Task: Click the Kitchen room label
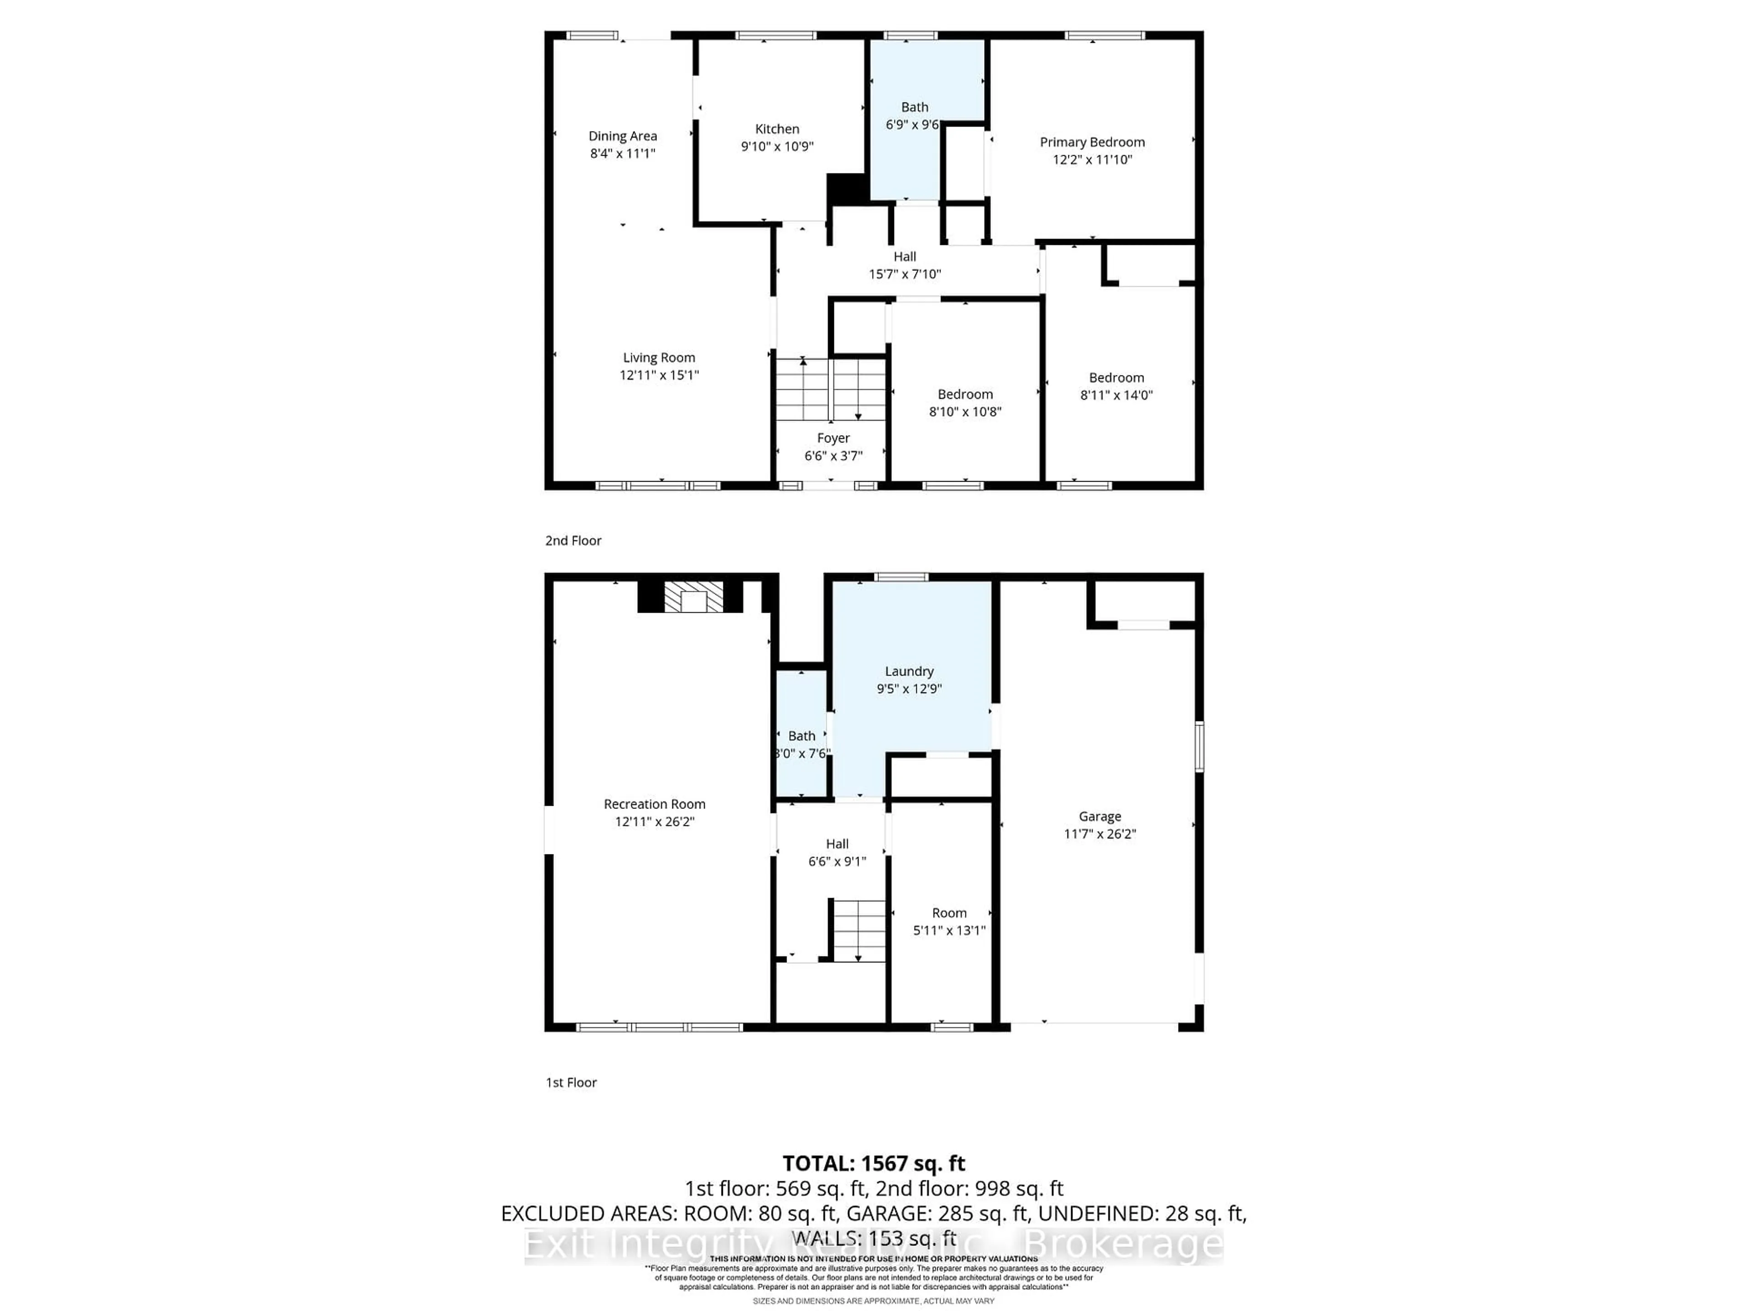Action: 777,129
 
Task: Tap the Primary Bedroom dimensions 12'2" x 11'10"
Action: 1092,160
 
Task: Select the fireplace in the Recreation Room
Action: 693,598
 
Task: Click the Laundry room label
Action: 909,671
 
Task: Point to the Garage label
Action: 1099,816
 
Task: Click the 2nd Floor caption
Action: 573,540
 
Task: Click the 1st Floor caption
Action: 570,1082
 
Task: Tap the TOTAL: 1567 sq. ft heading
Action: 873,1163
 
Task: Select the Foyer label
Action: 833,438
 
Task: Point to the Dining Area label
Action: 623,136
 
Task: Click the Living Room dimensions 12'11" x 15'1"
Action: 659,376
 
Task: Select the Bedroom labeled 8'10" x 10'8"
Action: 965,403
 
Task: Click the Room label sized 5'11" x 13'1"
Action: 949,913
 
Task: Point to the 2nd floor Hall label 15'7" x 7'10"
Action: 905,265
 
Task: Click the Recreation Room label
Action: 654,803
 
